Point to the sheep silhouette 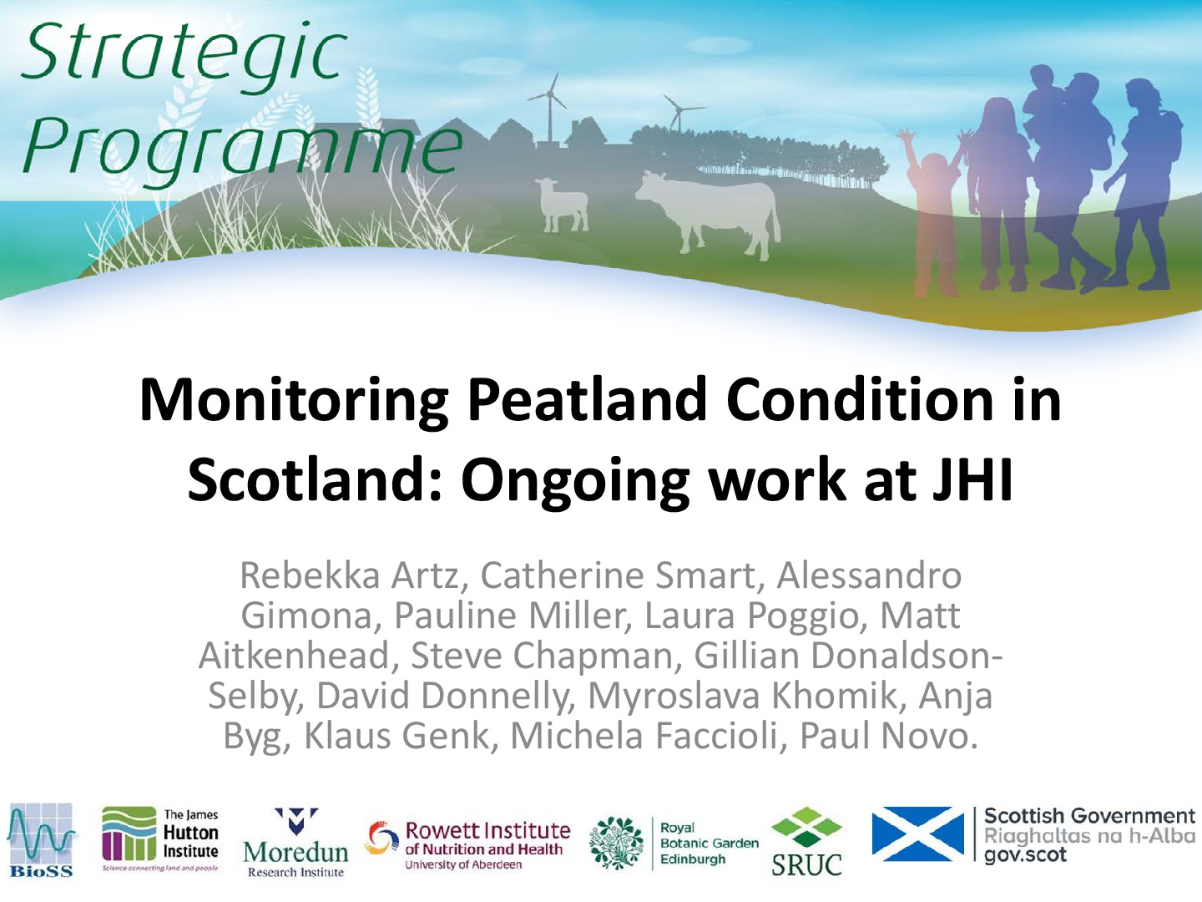point(562,204)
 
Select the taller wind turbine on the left point(549,109)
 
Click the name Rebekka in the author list point(310,575)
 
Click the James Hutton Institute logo point(160,839)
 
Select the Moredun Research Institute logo point(295,843)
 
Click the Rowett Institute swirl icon point(383,838)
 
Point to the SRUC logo point(806,842)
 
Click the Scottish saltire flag point(918,834)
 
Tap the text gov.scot point(1025,856)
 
